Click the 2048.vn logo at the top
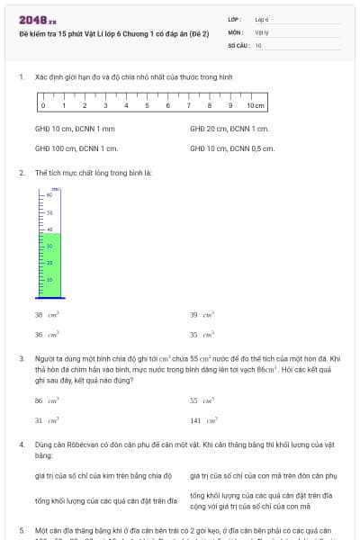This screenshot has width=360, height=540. (x=38, y=20)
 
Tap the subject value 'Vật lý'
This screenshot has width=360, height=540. (x=261, y=31)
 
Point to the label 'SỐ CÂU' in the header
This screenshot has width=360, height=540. (x=237, y=44)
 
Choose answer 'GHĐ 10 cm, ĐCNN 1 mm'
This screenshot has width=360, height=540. (x=75, y=129)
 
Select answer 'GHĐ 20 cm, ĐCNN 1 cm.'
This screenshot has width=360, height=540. (x=229, y=129)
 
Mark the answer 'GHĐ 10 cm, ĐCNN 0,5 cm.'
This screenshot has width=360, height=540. (x=232, y=148)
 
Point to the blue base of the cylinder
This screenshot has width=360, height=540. (x=51, y=296)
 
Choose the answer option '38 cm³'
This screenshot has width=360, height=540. (x=43, y=315)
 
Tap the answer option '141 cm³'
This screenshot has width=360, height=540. (x=200, y=420)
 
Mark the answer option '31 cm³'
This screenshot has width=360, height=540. (x=43, y=420)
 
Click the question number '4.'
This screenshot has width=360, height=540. (x=21, y=445)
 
